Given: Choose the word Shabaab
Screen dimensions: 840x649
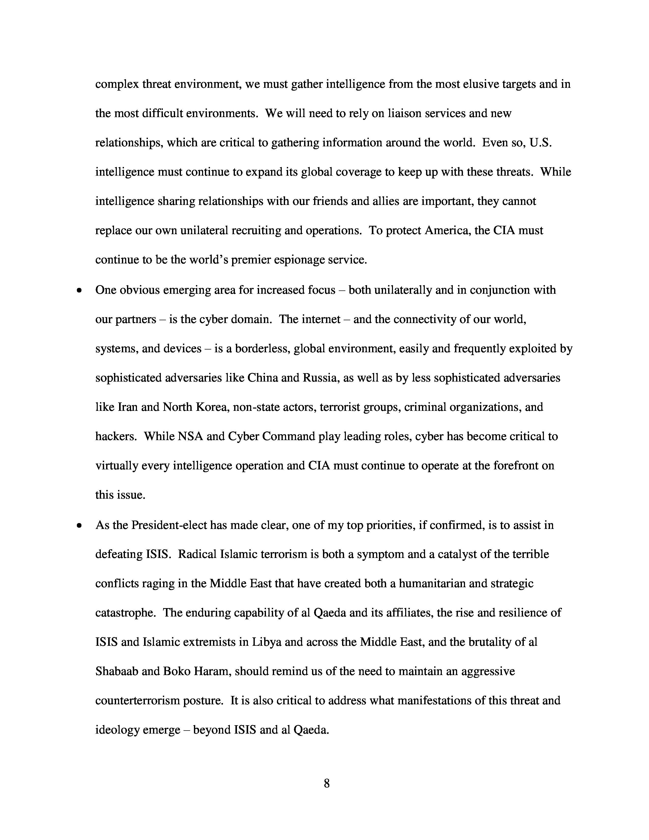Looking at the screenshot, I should point(117,671).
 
